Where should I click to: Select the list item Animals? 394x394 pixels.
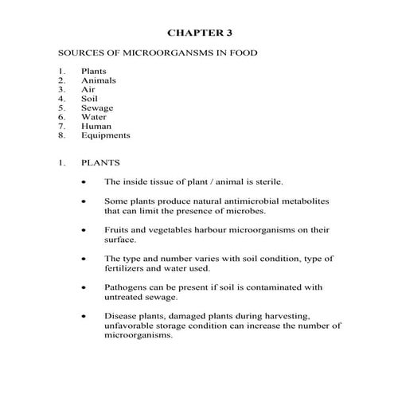[x=97, y=80]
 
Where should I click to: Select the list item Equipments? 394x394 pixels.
[x=105, y=135]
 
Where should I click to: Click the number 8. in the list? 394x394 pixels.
[x=61, y=135]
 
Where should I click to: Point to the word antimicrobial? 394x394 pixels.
[x=247, y=201]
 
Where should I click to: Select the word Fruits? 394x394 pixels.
[x=117, y=229]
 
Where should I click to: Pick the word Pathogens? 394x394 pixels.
[x=127, y=287]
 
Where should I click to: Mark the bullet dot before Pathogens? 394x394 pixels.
[x=85, y=287]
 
